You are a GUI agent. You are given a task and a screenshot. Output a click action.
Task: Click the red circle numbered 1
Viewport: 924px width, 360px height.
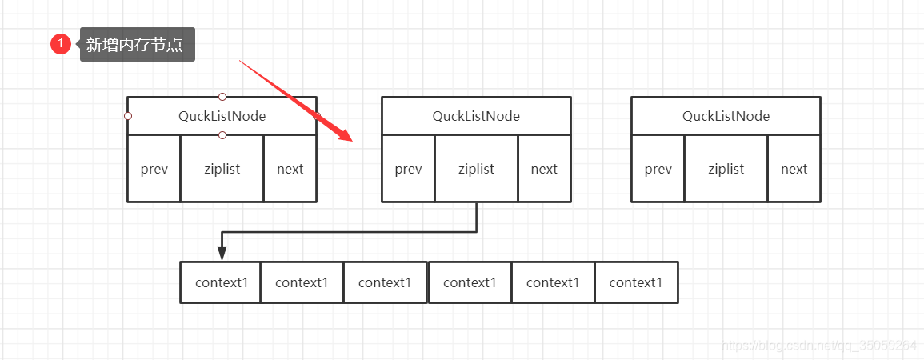coord(61,44)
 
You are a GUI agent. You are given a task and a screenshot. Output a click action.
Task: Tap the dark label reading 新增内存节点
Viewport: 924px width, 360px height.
coord(138,44)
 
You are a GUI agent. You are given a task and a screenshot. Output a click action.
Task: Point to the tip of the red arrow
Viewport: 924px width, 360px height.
coord(352,142)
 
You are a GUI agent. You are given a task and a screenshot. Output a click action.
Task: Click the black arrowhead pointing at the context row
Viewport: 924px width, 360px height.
coord(222,254)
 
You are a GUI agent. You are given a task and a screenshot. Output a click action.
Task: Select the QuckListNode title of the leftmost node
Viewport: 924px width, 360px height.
coord(222,116)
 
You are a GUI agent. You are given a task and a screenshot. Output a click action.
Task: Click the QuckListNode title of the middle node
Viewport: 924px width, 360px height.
coord(476,116)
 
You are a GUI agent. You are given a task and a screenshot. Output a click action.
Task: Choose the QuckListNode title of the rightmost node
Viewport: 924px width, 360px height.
coord(726,116)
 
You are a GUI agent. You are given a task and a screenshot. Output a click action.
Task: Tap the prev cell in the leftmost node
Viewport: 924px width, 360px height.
coord(154,169)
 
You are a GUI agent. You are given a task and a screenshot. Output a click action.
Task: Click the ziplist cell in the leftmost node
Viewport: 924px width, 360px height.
coord(222,169)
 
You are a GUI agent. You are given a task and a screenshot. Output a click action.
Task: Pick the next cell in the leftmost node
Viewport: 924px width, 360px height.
coord(290,169)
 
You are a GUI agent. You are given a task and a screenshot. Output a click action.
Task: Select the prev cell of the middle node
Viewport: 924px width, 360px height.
coord(408,169)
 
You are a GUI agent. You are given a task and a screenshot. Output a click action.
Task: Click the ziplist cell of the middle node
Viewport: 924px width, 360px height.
coord(476,169)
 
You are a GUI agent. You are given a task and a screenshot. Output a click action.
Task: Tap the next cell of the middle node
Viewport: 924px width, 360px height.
coord(545,169)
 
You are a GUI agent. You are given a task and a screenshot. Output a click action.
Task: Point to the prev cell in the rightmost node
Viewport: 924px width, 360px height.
coord(658,169)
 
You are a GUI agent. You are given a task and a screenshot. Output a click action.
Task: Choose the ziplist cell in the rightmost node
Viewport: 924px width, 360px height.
coord(726,169)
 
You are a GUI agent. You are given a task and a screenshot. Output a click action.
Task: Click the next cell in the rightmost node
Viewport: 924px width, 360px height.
coord(794,169)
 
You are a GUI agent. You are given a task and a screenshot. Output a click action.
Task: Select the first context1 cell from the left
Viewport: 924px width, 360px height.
coord(221,282)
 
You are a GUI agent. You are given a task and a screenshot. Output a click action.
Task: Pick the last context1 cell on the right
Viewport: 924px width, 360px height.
coord(637,282)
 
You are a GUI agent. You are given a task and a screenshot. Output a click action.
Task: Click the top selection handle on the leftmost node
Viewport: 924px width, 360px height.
coord(222,97)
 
